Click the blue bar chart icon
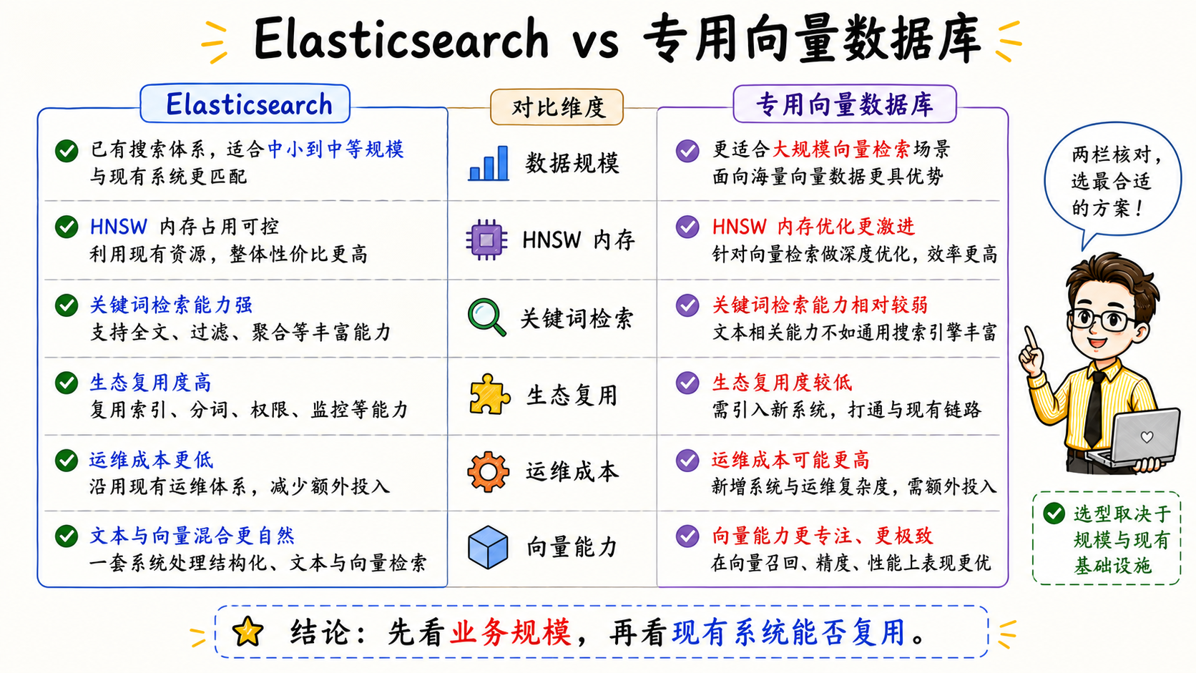(488, 163)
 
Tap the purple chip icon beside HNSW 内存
(486, 240)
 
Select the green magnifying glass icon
(486, 317)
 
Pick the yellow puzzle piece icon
(489, 394)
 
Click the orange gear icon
(488, 471)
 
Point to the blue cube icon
(487, 547)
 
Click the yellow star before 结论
(247, 632)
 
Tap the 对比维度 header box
(557, 107)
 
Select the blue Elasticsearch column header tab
(245, 104)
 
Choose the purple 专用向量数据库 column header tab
(845, 104)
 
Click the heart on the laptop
(1147, 436)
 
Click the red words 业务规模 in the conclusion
(511, 633)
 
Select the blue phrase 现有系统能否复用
(788, 633)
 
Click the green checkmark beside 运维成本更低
(67, 460)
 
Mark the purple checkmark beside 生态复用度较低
(687, 383)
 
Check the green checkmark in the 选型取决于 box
(1054, 514)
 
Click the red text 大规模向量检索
(841, 149)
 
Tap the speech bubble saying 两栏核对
(1112, 182)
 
